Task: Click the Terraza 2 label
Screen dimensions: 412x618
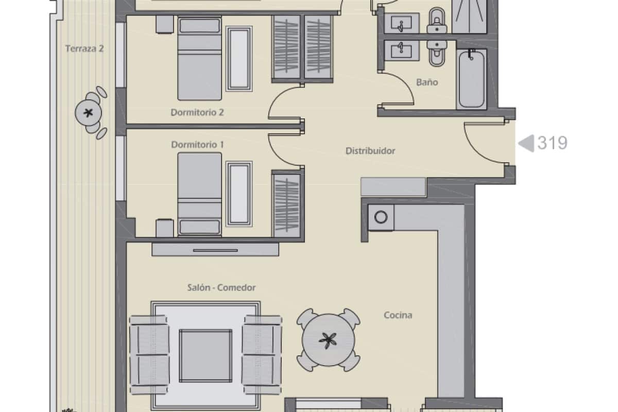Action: click(x=84, y=49)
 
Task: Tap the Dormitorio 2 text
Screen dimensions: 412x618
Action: click(x=197, y=112)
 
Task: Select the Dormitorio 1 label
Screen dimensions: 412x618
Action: click(x=197, y=145)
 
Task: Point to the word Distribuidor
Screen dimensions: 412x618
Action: click(x=370, y=151)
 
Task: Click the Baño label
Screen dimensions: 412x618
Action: click(x=427, y=82)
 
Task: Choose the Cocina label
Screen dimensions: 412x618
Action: click(x=398, y=315)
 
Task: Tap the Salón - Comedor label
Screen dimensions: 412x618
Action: click(x=221, y=288)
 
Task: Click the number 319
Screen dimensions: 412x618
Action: click(x=552, y=143)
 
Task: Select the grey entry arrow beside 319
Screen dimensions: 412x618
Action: click(x=526, y=143)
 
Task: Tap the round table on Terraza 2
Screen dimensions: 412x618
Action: click(x=88, y=113)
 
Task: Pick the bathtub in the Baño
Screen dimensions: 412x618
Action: click(x=471, y=79)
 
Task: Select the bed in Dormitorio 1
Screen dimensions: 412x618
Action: click(x=200, y=194)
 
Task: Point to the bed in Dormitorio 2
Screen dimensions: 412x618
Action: click(x=200, y=58)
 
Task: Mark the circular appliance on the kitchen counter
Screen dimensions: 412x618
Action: click(x=381, y=217)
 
